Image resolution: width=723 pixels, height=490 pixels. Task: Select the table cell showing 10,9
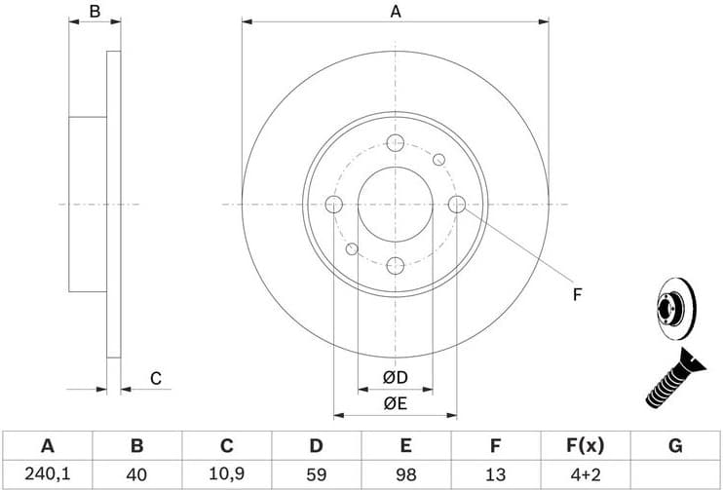226,473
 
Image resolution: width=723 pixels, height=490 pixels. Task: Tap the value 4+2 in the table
585,473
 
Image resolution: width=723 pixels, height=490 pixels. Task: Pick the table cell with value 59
316,473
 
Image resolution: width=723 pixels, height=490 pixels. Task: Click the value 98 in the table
405,473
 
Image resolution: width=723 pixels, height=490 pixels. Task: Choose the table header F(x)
585,446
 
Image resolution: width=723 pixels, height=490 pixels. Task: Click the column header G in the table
674,446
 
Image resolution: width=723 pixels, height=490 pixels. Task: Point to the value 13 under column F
495,473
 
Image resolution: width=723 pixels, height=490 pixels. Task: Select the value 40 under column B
136,473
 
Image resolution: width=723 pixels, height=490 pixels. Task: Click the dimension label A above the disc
395,12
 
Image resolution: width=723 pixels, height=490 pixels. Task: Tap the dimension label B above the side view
95,12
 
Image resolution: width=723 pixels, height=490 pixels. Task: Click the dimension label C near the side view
155,378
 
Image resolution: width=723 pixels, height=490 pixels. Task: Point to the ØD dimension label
395,377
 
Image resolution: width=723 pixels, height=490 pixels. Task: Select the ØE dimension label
395,402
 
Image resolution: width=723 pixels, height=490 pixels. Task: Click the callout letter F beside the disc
577,294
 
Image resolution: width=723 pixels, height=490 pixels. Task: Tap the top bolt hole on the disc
395,143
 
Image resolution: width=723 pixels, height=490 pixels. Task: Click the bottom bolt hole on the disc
395,265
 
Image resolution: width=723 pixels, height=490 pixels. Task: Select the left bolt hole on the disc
333,204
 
